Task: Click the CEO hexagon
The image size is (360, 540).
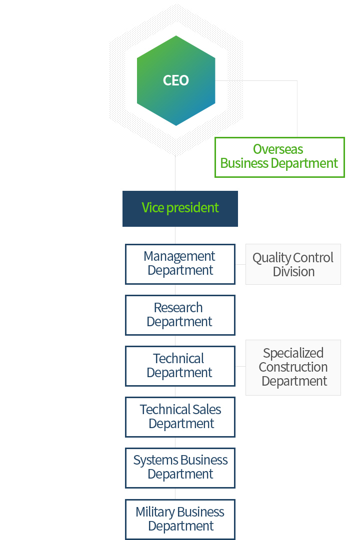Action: tap(176, 80)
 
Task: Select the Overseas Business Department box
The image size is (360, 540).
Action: tap(279, 157)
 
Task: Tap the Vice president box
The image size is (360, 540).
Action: tap(180, 209)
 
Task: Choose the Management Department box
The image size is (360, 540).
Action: tap(180, 264)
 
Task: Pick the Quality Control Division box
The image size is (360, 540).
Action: tap(293, 264)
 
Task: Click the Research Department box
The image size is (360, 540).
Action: tap(180, 315)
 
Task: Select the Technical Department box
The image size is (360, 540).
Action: tap(180, 366)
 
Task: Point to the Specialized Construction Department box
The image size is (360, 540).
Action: tap(293, 368)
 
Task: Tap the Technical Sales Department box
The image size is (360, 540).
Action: tap(180, 417)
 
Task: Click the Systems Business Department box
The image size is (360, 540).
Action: tap(180, 468)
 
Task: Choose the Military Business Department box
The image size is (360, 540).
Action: tap(180, 520)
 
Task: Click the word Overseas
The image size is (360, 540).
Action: tap(278, 149)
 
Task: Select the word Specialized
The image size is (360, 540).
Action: tap(293, 353)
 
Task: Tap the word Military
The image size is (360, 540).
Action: tap(155, 513)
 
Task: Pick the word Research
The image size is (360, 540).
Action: tap(178, 308)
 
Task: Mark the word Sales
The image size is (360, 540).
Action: tap(206, 410)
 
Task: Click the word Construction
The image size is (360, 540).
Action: tap(293, 367)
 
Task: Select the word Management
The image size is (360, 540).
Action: tap(179, 257)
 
